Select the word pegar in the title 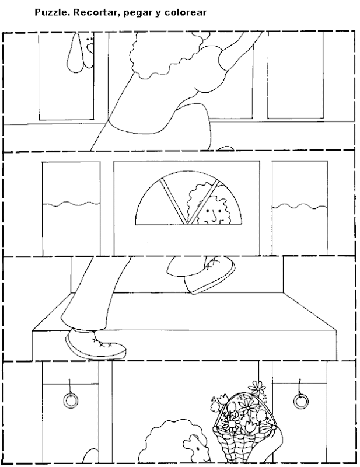click(x=135, y=11)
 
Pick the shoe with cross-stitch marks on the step click(x=93, y=343)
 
